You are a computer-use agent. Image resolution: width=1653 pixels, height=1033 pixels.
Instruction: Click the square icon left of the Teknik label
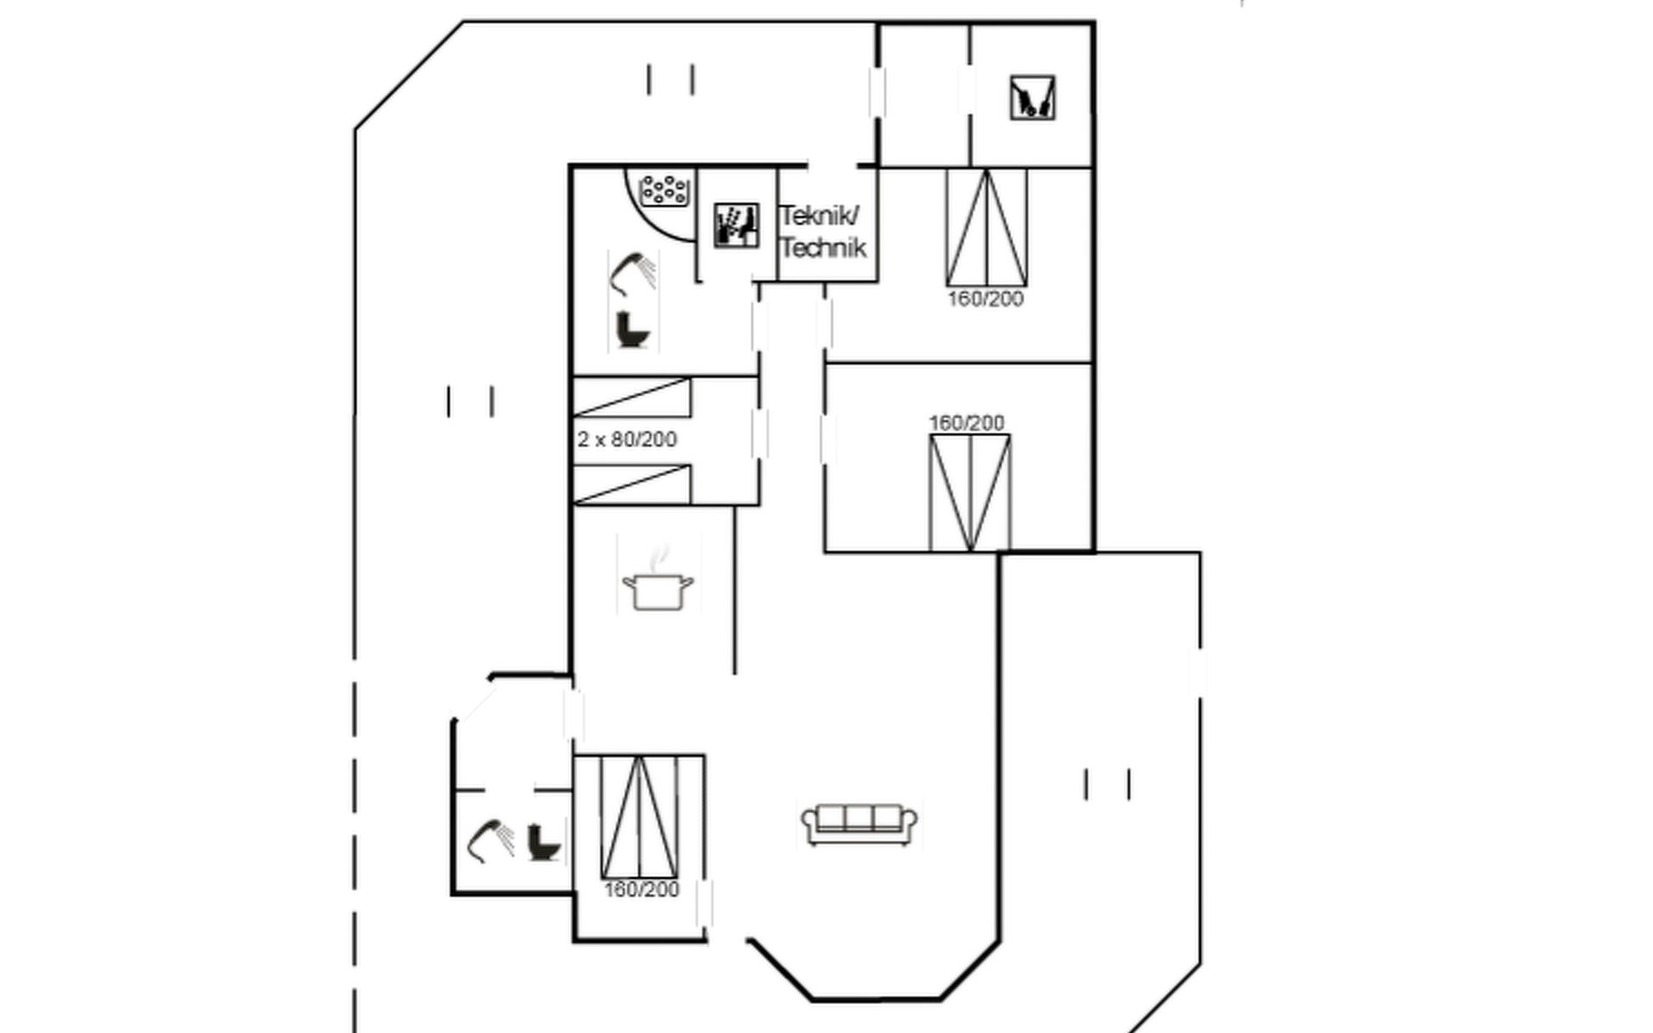[737, 226]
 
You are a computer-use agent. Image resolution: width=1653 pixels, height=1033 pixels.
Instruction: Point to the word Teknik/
[819, 215]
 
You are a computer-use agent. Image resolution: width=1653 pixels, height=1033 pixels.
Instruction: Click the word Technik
[823, 249]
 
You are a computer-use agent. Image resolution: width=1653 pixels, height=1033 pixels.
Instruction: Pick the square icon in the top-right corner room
[1032, 97]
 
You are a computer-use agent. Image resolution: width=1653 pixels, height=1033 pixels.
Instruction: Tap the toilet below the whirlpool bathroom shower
[633, 330]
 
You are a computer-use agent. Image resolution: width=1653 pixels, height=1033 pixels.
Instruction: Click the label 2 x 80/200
[627, 440]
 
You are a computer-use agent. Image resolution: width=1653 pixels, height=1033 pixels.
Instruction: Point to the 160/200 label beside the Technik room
[986, 300]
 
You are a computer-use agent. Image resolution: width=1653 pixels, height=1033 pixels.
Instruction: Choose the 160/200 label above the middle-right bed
[966, 423]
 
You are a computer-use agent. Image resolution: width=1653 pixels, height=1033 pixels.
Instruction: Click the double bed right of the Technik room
[986, 227]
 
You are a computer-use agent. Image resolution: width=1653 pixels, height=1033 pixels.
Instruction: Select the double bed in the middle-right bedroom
[969, 492]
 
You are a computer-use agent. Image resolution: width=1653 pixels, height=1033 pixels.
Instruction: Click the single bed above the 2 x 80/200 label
[632, 398]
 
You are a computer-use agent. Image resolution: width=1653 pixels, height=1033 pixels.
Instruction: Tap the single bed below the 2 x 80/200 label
[632, 484]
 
